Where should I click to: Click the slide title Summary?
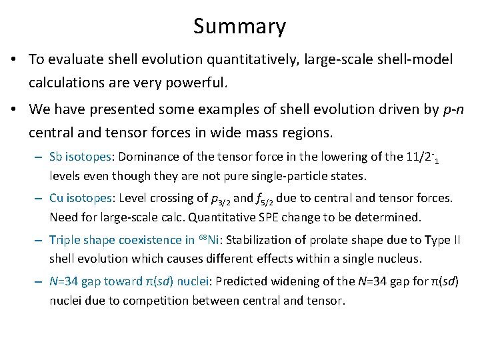point(239,27)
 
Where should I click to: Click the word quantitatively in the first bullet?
point(254,60)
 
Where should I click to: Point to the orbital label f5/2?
point(266,200)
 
